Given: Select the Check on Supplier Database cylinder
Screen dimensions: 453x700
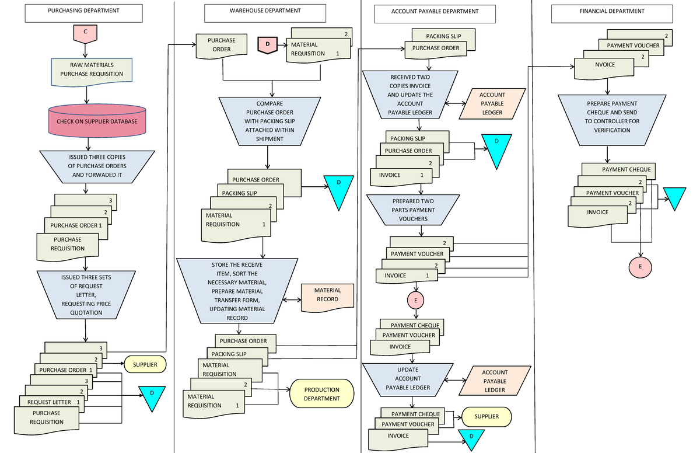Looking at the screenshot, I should click(x=97, y=121).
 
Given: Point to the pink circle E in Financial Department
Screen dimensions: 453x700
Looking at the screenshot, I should click(x=640, y=266).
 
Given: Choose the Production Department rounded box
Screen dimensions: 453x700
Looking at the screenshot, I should click(x=321, y=394).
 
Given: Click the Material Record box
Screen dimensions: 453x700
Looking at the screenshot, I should click(x=327, y=295).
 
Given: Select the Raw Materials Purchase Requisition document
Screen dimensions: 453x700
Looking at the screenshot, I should click(x=92, y=70).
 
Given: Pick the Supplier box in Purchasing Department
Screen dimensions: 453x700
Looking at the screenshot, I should click(x=145, y=365).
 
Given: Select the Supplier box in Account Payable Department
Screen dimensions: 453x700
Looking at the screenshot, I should click(x=487, y=416).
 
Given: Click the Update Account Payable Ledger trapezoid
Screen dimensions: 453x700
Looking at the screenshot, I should click(x=408, y=379).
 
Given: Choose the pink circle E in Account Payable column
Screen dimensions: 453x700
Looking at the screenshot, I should click(x=416, y=300).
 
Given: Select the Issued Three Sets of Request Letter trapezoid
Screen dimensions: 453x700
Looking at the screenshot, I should click(x=86, y=295).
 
